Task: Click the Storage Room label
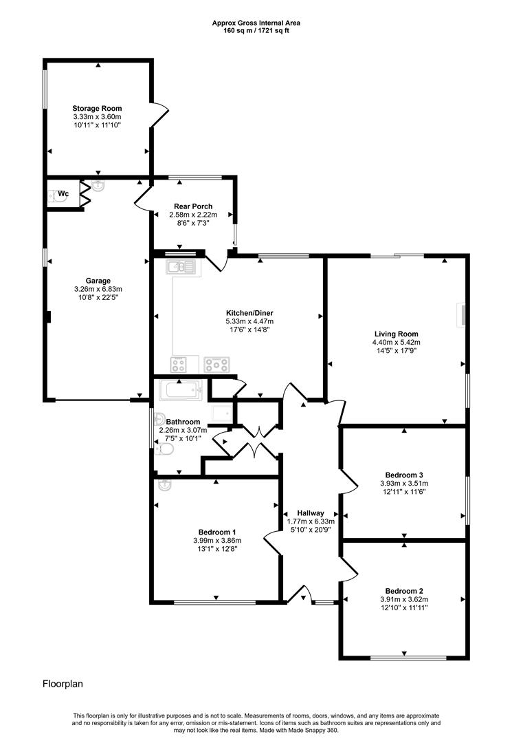(x=97, y=109)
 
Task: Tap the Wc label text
(x=63, y=194)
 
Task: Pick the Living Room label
(x=395, y=334)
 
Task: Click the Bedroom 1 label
(x=217, y=532)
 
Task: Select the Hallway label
(x=310, y=513)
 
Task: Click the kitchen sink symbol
(x=182, y=266)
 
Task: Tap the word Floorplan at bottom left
(x=63, y=684)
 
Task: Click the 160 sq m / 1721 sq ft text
(x=256, y=32)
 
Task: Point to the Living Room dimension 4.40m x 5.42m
(x=395, y=342)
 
